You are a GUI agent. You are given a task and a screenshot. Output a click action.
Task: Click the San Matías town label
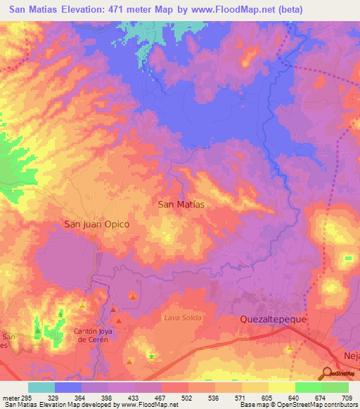[181, 204]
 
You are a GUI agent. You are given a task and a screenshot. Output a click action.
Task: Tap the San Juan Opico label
[97, 224]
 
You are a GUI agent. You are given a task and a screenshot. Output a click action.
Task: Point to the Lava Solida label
[183, 318]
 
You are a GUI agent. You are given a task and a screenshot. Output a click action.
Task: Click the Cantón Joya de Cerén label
[93, 335]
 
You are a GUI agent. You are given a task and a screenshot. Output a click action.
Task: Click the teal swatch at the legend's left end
[41, 387]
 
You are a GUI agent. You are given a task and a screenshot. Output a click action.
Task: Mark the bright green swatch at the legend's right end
[335, 387]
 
